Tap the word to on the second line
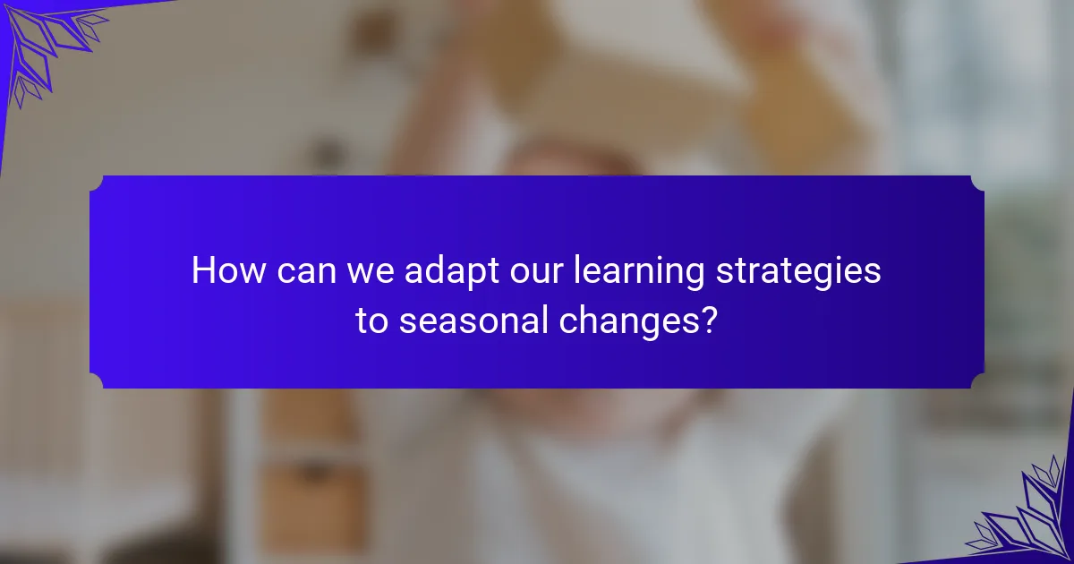pos(371,320)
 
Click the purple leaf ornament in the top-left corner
pos(45,40)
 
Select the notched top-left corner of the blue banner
pos(96,182)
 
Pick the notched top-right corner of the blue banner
pos(977,182)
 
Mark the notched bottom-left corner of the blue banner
pos(96,382)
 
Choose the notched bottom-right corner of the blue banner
pos(977,382)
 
